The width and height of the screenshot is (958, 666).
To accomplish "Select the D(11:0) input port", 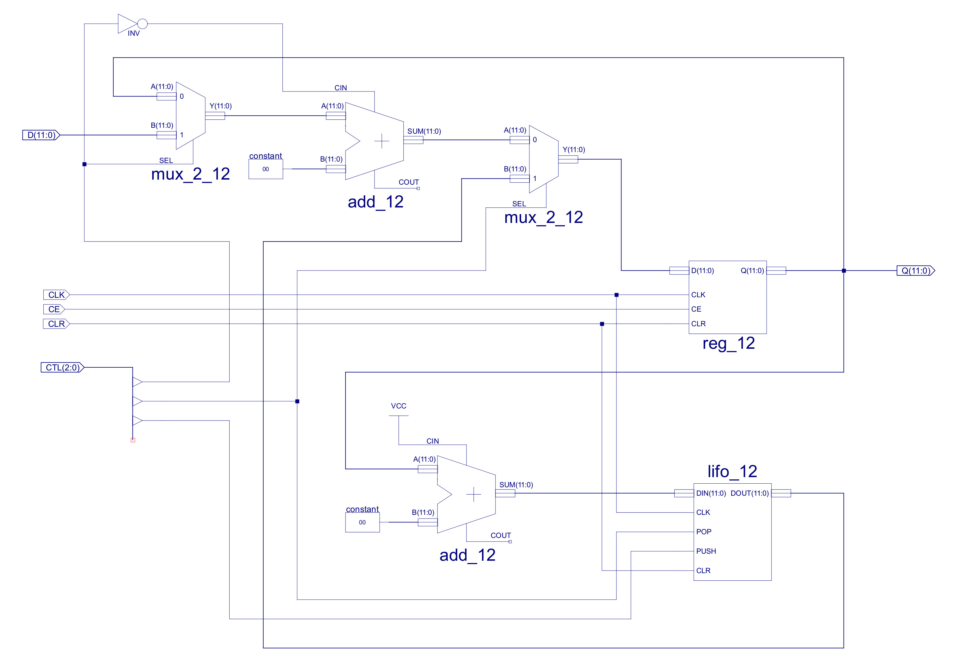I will tap(41, 135).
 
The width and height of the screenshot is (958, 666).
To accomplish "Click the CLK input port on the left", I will tap(56, 295).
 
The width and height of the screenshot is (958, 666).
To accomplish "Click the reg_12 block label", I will tap(728, 343).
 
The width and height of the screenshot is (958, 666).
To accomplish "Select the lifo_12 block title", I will tap(732, 471).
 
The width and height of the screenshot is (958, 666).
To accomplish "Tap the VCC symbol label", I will tap(398, 406).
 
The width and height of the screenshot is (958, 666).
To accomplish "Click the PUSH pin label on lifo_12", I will tap(706, 551).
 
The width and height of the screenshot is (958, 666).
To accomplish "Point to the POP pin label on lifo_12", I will tap(704, 532).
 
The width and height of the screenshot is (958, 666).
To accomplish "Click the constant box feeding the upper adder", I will tap(266, 169).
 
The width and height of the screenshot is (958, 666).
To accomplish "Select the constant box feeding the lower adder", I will tap(362, 522).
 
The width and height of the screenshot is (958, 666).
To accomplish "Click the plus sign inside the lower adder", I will tap(473, 495).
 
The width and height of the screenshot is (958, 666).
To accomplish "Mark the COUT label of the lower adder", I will tap(501, 535).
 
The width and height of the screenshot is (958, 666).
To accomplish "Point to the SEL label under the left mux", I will tap(166, 161).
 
